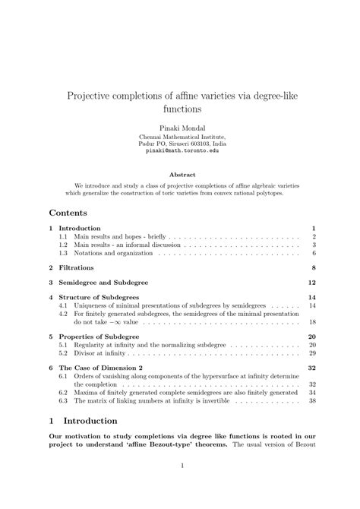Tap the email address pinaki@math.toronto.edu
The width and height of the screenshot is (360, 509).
click(x=180, y=151)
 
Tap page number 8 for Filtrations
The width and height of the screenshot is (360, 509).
click(x=313, y=267)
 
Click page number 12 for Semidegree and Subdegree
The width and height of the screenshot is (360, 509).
click(x=311, y=282)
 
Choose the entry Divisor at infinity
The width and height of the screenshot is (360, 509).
click(x=106, y=353)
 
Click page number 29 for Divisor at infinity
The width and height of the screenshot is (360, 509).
click(x=311, y=353)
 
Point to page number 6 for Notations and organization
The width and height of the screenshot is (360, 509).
click(x=314, y=253)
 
